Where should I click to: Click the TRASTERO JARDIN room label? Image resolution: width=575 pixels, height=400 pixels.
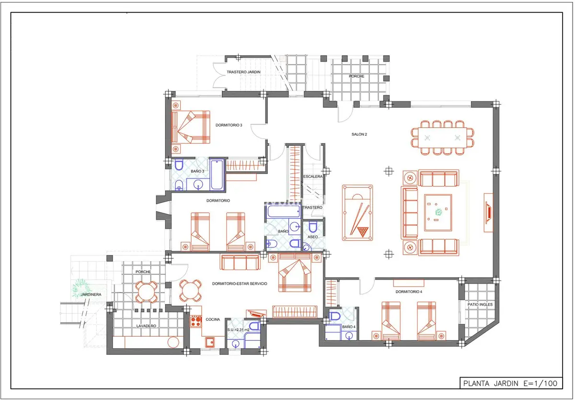243,72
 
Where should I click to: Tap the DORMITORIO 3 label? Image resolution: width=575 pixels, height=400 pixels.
229,125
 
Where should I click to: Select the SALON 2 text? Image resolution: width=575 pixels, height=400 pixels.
359,134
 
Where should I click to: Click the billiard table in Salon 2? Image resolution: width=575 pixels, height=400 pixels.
357,213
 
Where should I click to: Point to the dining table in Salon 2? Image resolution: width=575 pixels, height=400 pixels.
442,138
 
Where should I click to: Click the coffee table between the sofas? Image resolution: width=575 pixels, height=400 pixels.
438,213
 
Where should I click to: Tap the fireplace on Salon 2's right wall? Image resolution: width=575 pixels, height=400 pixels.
488,213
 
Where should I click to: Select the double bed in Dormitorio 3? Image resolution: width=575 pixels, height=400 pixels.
191,127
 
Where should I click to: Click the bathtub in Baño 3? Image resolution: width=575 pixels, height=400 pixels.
217,175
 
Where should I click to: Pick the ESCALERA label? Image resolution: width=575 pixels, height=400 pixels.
312,176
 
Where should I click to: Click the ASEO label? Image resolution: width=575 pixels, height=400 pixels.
312,237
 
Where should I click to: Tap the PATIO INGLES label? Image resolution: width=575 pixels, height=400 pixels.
480,305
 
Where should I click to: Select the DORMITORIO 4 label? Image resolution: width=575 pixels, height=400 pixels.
409,292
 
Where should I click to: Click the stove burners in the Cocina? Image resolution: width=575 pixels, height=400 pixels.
195,322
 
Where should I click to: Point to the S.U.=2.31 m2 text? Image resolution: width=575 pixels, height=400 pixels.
238,329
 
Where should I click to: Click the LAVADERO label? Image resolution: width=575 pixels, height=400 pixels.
146,326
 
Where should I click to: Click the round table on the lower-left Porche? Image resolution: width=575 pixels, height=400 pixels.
146,292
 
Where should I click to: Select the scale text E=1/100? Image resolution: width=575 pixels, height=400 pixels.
540,384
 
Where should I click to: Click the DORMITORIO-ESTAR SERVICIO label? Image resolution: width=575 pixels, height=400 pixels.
240,283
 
